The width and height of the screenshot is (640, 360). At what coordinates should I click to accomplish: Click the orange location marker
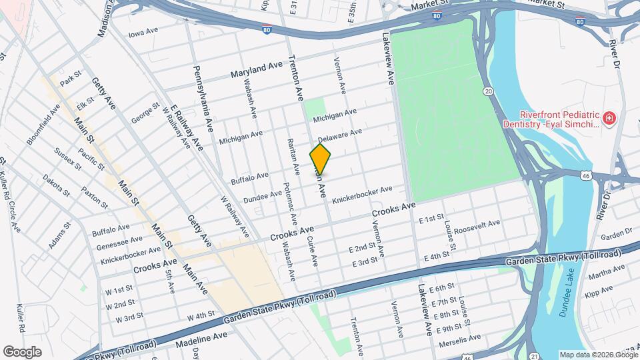[321, 159]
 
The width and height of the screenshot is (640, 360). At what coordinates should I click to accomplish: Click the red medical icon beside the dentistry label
[609, 119]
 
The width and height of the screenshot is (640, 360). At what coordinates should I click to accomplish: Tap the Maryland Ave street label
[257, 69]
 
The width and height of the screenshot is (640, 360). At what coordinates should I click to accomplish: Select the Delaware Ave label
[339, 135]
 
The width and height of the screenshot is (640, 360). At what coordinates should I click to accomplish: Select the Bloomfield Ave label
[43, 123]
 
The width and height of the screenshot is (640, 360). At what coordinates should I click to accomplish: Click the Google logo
[22, 351]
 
